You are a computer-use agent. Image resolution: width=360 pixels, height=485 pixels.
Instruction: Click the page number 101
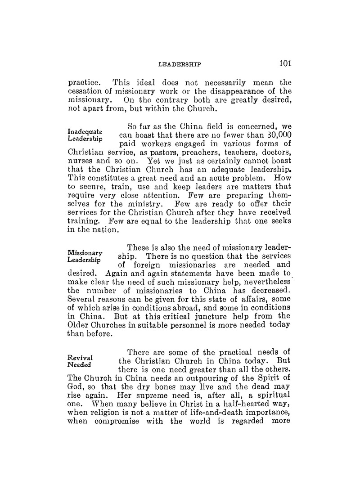(x=285, y=63)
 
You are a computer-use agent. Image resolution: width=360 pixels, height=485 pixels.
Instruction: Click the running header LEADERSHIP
(x=180, y=65)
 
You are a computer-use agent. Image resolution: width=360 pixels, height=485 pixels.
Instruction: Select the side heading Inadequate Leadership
(x=85, y=135)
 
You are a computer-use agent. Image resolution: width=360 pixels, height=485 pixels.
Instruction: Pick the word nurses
(x=80, y=165)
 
